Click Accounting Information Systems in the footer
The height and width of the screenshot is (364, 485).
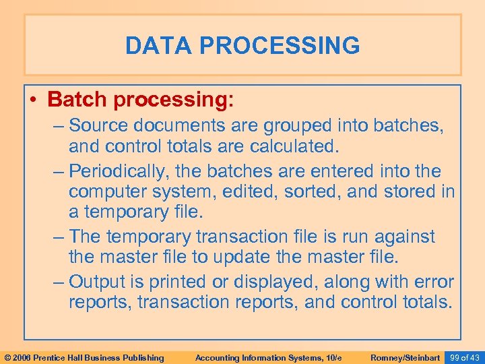268,357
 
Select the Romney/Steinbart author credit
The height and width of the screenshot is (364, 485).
405,357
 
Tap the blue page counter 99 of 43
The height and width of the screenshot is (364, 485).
464,357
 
